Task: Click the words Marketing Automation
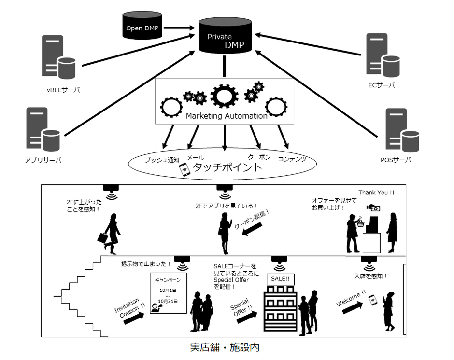(x=227, y=116)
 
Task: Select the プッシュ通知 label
(x=162, y=160)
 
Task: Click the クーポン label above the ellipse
(x=259, y=157)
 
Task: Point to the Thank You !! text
(x=376, y=193)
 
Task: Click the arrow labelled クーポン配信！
(x=252, y=229)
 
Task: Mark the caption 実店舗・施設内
(x=225, y=347)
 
